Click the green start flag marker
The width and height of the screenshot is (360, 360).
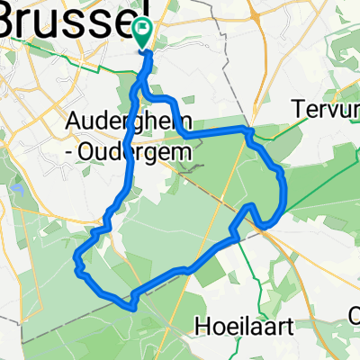click(143, 33)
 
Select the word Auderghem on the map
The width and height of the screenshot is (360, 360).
click(126, 121)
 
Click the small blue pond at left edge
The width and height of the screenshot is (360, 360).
click(17, 190)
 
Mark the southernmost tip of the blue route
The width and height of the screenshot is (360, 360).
click(132, 308)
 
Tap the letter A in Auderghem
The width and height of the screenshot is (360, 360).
click(74, 121)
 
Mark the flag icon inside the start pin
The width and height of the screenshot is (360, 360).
click(143, 29)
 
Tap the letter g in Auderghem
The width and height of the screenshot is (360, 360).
click(153, 123)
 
